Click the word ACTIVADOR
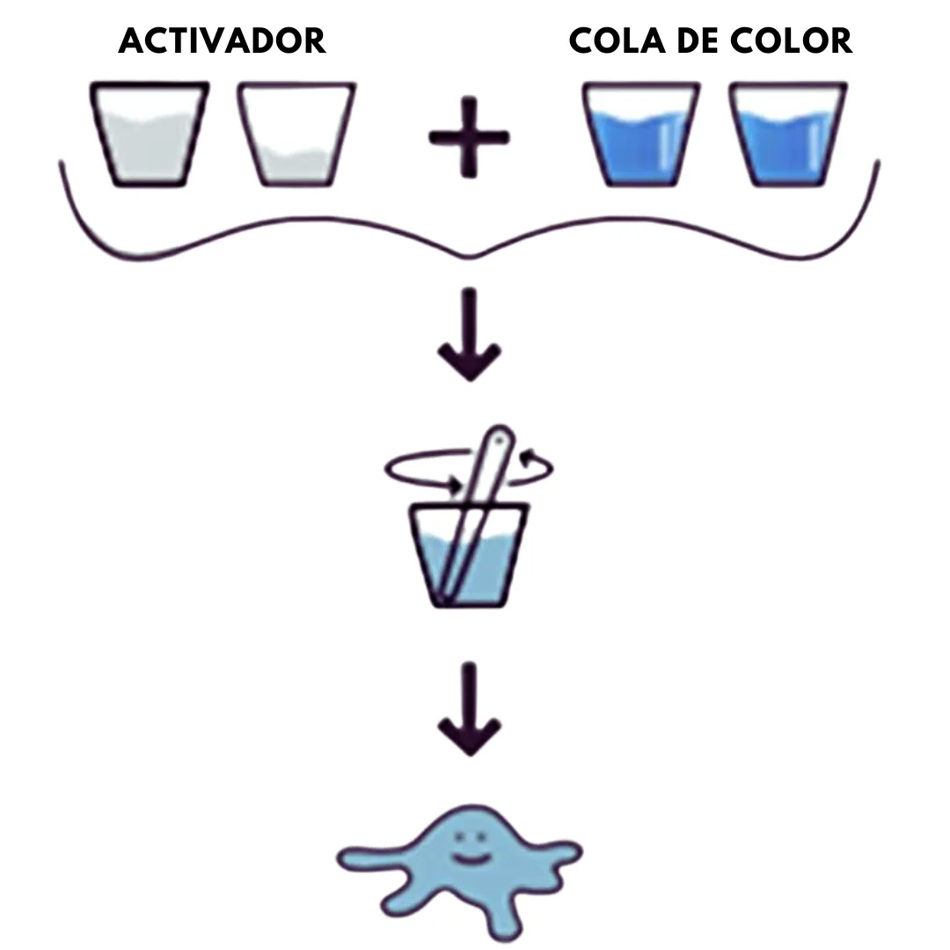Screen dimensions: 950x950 [x=223, y=41]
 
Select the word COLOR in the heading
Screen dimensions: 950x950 [x=792, y=41]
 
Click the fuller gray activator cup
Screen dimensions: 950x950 [x=149, y=134]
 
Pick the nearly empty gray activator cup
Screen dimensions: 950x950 [x=296, y=134]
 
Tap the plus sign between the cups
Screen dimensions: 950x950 [x=469, y=137]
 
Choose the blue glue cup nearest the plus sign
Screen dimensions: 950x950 [x=641, y=134]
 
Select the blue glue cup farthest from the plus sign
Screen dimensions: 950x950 [x=787, y=134]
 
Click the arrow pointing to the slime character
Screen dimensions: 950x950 [x=469, y=709]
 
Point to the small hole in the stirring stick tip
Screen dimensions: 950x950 [x=500, y=441]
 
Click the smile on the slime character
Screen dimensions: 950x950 [x=470, y=859]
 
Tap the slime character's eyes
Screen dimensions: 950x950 [x=470, y=837]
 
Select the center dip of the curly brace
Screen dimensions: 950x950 [x=470, y=257]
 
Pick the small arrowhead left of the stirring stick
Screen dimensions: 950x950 [x=452, y=484]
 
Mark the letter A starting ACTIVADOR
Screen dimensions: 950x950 [x=130, y=41]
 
